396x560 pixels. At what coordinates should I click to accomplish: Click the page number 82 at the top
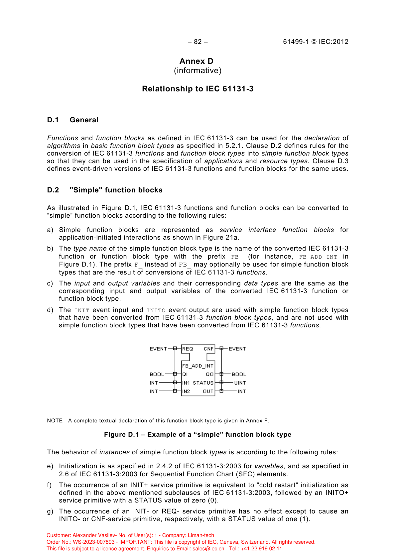click(x=198, y=42)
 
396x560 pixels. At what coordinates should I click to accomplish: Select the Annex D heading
click(x=197, y=61)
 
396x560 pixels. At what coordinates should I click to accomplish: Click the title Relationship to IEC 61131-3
click(x=198, y=89)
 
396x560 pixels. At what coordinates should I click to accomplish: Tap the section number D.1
click(x=53, y=120)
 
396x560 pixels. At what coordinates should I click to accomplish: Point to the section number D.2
click(x=53, y=190)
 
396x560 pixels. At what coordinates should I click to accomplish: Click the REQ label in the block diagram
click(x=188, y=349)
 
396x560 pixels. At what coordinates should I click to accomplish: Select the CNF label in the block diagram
click(x=208, y=349)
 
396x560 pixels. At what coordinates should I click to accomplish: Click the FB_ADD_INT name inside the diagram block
click(x=198, y=366)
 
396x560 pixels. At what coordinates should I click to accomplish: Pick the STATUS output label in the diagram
click(x=203, y=383)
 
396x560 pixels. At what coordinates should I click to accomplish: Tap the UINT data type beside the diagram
click(x=240, y=383)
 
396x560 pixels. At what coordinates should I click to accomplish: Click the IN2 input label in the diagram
click(x=186, y=392)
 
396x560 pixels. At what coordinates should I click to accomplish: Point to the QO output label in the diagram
click(x=210, y=374)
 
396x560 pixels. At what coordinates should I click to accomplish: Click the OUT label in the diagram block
click(x=208, y=392)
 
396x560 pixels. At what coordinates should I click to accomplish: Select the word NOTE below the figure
click(x=55, y=421)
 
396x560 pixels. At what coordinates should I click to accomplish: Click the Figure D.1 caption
click(x=198, y=435)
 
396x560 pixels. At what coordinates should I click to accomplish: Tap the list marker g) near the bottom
click(x=50, y=511)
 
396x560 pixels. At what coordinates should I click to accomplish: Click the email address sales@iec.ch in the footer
click(x=208, y=549)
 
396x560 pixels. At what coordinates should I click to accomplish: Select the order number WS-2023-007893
click(x=94, y=542)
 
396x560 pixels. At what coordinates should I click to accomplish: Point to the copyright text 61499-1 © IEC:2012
click(x=316, y=42)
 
